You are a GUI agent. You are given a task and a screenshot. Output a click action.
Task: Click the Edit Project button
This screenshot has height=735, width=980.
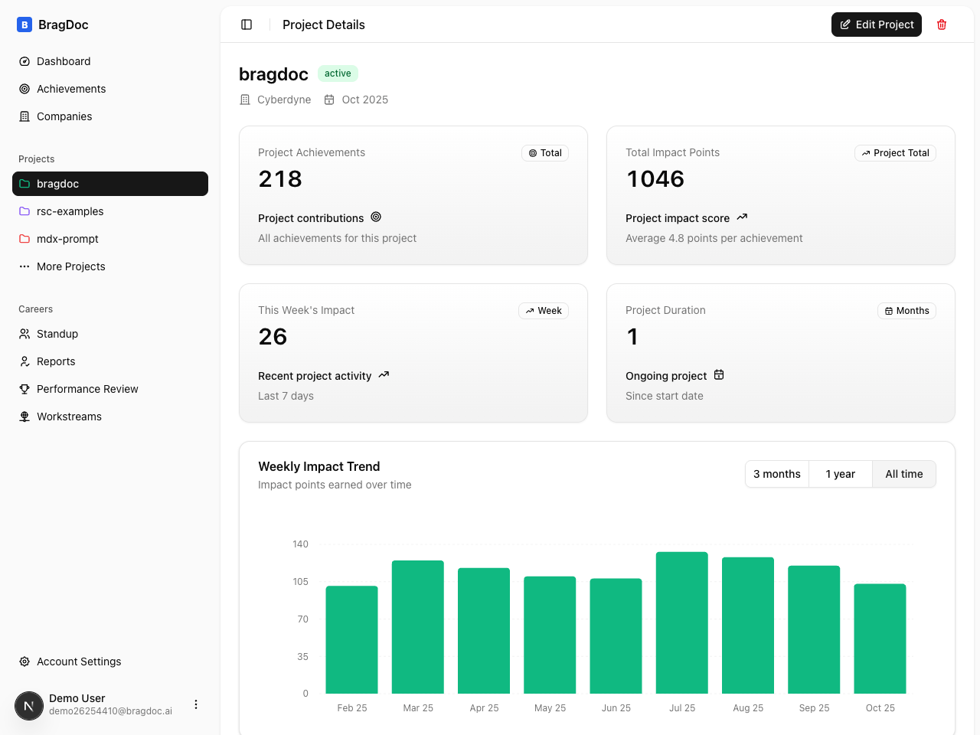click(x=876, y=24)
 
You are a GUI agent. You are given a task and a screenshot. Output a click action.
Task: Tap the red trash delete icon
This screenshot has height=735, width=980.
click(x=942, y=24)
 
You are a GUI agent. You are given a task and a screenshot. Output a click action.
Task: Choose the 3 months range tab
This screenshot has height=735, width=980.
click(x=776, y=474)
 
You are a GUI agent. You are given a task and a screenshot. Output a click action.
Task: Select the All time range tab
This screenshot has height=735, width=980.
click(x=903, y=474)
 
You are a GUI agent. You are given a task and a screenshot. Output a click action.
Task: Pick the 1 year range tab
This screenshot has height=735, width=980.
click(x=840, y=474)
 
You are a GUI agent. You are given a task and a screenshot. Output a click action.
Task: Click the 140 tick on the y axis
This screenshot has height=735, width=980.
click(x=300, y=544)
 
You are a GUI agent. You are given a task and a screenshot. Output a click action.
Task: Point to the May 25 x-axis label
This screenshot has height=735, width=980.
click(x=550, y=708)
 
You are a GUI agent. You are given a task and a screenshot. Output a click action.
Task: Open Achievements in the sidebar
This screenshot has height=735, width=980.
click(x=71, y=89)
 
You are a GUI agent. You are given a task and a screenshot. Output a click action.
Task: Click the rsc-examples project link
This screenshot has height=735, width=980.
click(x=70, y=211)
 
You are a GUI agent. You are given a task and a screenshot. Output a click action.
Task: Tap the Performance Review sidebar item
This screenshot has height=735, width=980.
click(x=87, y=389)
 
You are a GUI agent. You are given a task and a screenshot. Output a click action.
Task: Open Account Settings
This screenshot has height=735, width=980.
click(x=79, y=661)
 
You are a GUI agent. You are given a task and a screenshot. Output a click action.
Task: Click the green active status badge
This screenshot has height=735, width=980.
click(x=338, y=73)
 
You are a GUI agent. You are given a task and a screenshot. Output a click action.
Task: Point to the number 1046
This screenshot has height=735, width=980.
click(x=655, y=179)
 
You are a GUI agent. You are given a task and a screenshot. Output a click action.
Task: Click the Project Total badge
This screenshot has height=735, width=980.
click(x=895, y=153)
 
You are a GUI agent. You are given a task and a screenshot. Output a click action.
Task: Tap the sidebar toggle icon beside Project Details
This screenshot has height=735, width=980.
click(x=247, y=24)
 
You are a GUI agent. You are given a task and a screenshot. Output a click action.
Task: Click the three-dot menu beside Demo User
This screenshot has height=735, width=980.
click(x=196, y=704)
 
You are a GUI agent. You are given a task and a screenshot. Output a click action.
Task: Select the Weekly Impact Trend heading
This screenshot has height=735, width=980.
click(x=318, y=466)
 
